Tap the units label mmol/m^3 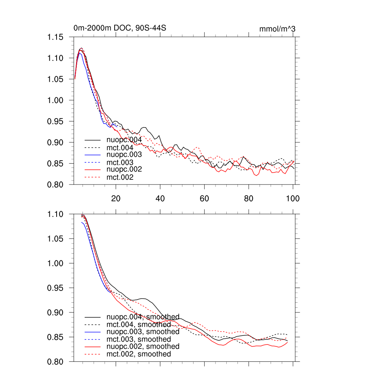277,29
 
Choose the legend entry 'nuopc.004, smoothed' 143,317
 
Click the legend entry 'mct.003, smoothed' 139,339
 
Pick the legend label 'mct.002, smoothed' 139,354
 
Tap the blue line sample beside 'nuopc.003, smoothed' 93,332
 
